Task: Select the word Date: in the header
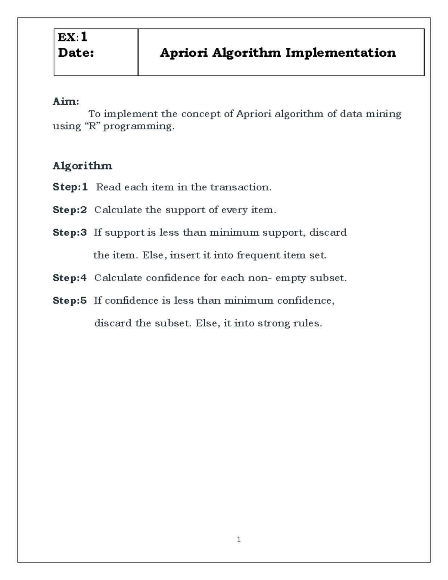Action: [x=76, y=53]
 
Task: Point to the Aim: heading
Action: [x=66, y=101]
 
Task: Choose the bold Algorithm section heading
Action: [x=83, y=165]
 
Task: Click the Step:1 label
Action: [x=70, y=187]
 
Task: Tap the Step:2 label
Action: [x=70, y=210]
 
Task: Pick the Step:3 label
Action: [x=70, y=232]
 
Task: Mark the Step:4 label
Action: [x=70, y=277]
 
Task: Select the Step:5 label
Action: [x=70, y=300]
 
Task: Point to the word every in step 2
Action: [x=234, y=210]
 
